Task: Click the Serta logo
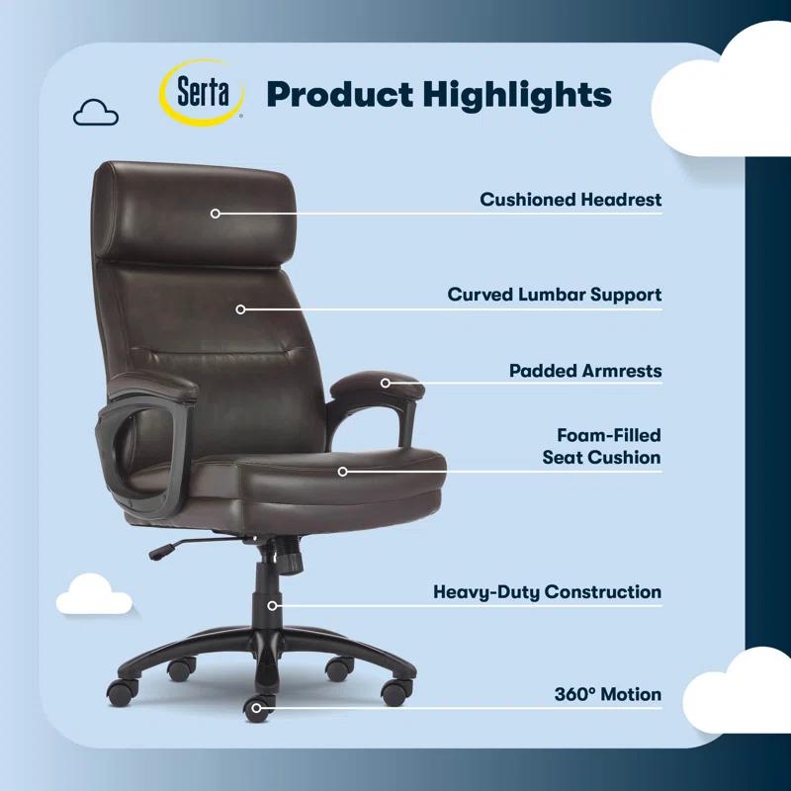coord(204,93)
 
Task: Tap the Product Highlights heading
coord(439,95)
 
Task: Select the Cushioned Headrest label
coord(571,200)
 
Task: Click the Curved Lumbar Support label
coord(555,295)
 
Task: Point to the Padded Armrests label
coord(585,372)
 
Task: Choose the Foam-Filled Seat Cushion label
coord(601,446)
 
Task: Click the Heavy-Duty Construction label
coord(547,592)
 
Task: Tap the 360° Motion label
coord(607,694)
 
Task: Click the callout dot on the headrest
coord(215,213)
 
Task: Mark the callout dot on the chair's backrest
coord(240,308)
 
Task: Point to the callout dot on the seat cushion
coord(343,472)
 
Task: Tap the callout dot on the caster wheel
coord(257,707)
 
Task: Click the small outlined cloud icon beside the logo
coord(96,113)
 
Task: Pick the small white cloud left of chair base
coord(93,594)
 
